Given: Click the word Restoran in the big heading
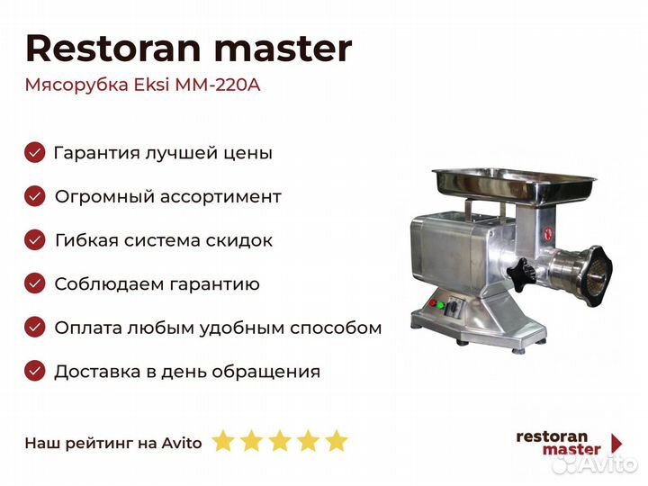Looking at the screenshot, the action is point(113,49).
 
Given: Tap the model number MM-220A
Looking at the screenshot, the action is point(218,85).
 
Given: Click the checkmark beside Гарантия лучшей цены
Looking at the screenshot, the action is point(35,152).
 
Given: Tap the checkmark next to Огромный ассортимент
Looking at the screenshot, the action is point(35,196).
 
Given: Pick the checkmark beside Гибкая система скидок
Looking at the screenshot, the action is point(35,240).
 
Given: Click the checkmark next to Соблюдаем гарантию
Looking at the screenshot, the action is point(35,283).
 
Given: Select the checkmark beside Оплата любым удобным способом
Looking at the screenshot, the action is point(35,328).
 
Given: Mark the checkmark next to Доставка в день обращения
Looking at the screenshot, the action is point(35,371).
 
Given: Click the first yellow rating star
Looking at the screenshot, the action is point(223,441).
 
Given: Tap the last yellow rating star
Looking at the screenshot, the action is point(337,441).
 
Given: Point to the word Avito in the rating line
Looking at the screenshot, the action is point(182,443).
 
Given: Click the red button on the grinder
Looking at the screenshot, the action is point(432,303).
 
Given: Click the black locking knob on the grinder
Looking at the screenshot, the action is point(521,272).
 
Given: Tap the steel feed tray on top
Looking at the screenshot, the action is point(514,185).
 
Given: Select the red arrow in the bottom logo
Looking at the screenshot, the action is point(616,443).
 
